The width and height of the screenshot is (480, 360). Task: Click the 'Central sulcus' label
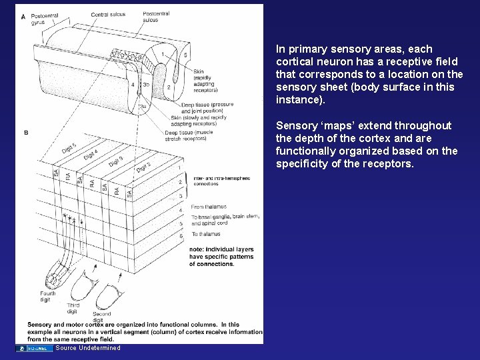point(108,13)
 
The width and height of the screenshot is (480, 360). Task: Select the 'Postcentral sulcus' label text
point(156,17)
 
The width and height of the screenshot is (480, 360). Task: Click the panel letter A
point(23,16)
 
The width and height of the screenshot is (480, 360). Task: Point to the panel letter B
point(26,133)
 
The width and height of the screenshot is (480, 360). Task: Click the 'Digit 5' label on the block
point(69,147)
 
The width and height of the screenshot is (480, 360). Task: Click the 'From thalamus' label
point(208,207)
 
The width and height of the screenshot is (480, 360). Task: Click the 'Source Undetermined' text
point(88,348)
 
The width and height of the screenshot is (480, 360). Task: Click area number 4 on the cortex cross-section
point(133,85)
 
